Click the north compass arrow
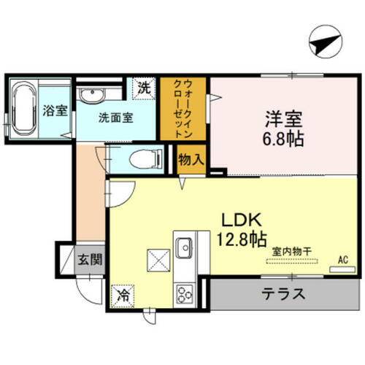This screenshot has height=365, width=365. pyautogui.click(x=322, y=42)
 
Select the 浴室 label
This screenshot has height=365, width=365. pyautogui.click(x=54, y=111)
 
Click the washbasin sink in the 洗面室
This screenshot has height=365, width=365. pyautogui.click(x=92, y=95)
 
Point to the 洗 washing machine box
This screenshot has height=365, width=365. pyautogui.click(x=145, y=88)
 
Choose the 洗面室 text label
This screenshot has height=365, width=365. pyautogui.click(x=115, y=117)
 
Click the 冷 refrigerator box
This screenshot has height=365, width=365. pyautogui.click(x=124, y=296)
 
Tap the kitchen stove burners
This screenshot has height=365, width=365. pyautogui.click(x=182, y=296)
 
